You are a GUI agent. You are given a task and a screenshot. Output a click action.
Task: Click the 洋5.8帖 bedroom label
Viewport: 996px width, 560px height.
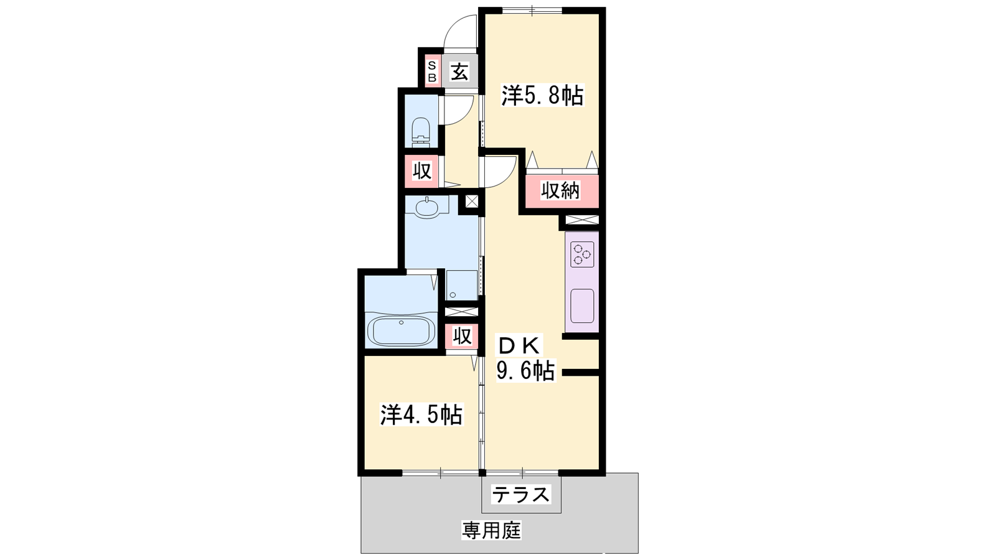point(542,96)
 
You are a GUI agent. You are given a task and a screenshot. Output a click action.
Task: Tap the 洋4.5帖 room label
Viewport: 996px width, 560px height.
point(421,415)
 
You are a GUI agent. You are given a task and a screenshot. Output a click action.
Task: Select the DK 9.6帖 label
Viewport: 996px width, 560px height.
point(525,358)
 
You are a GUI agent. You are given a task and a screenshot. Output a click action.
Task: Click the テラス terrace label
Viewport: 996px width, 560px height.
point(520,494)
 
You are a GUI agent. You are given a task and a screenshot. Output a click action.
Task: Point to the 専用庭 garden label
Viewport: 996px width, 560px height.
point(491,530)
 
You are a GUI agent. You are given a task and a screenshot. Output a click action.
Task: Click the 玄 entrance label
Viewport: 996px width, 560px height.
point(460,72)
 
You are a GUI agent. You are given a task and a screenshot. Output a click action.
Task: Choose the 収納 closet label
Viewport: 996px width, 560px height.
point(560,190)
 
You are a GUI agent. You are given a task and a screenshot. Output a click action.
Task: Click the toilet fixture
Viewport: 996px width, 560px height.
point(421,132)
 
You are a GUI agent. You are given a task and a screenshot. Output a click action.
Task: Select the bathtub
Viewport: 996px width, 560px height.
point(402,330)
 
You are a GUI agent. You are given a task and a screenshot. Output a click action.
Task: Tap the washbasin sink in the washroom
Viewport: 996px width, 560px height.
point(427,207)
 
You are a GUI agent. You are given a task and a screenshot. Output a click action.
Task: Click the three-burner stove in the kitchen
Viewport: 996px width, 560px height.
point(583,254)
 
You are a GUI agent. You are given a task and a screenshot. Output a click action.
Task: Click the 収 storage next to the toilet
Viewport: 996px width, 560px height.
point(421,171)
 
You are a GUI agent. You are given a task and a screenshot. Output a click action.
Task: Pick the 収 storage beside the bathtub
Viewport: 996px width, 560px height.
point(462,337)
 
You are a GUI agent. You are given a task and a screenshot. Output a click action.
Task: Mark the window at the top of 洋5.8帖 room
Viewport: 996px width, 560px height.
point(532,10)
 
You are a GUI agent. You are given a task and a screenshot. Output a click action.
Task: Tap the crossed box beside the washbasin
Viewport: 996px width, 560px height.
point(471,202)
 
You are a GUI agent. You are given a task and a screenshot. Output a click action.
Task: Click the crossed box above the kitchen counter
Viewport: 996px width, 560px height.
point(583,220)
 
